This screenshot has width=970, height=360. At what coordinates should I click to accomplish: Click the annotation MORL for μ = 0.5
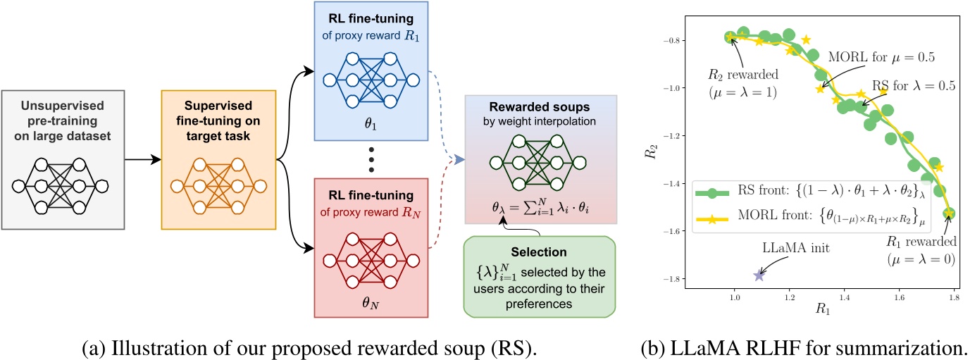[x=864, y=56]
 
